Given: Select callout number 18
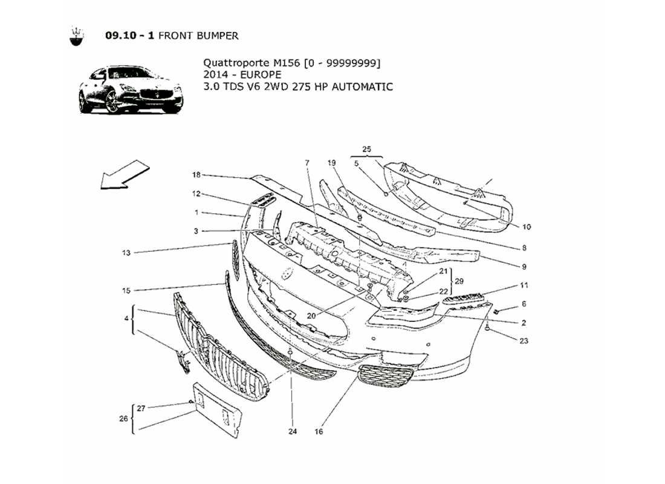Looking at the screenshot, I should click(x=196, y=175).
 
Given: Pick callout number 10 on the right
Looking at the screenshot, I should click(x=526, y=227).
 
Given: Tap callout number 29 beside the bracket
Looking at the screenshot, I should click(x=459, y=282).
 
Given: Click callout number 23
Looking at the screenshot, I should click(x=524, y=341).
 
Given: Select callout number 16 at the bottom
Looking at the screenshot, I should click(x=319, y=432).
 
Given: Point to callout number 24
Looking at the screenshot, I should click(x=293, y=432).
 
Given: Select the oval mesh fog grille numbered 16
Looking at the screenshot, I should click(x=386, y=379).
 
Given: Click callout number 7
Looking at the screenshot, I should click(x=307, y=163).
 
